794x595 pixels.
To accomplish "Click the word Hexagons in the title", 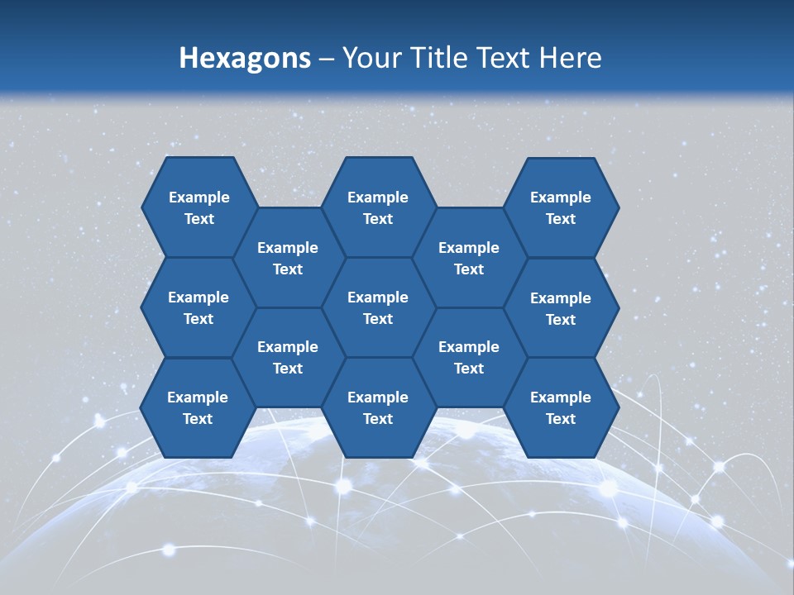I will (245, 58).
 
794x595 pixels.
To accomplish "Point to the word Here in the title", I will (570, 58).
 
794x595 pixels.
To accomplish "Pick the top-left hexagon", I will (198, 207).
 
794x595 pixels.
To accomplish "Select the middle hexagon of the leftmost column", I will (198, 307).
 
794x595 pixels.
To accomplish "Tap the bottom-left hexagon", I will (198, 407).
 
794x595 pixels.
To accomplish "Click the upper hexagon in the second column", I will (288, 258).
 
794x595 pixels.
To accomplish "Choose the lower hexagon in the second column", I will (288, 357).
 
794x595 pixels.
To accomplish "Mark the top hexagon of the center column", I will (378, 207).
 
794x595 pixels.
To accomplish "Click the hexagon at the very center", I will (378, 307).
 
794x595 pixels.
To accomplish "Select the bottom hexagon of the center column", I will (378, 407).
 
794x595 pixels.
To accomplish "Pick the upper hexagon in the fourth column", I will (469, 258).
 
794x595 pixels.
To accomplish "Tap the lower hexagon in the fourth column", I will (469, 357).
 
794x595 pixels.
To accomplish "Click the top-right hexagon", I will (561, 207).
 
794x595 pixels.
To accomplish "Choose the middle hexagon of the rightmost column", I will (561, 308).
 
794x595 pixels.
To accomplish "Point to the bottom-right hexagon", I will (561, 407).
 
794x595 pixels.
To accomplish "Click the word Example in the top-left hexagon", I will (198, 198).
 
